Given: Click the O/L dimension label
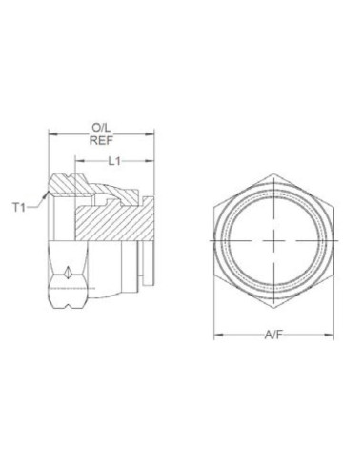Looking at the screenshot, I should (x=99, y=125).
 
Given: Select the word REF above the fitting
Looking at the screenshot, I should (x=99, y=139).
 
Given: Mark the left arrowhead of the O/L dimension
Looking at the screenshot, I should (x=50, y=133).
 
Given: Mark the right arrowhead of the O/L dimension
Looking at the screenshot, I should (x=152, y=133).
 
